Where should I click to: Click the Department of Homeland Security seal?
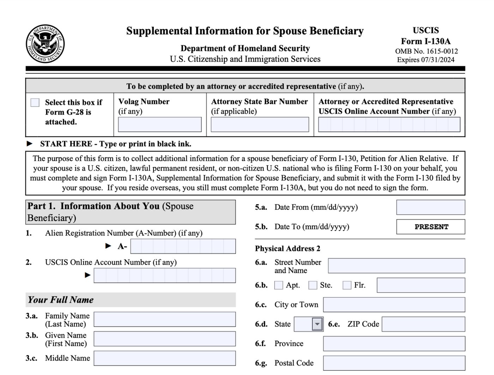[x=45, y=44]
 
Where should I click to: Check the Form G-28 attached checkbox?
[x=35, y=103]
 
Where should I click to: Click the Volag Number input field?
[x=159, y=125]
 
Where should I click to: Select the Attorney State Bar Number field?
[x=260, y=125]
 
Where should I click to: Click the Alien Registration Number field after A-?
[x=183, y=246]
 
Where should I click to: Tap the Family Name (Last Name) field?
[x=164, y=319]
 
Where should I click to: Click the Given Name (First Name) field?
[x=164, y=339]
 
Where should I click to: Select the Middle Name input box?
[x=164, y=358]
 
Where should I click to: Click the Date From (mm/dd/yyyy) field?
[x=430, y=207]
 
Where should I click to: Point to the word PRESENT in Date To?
[x=431, y=227]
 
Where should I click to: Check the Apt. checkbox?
[x=279, y=285]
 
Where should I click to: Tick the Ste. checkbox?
[x=313, y=285]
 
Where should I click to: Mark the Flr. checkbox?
[x=347, y=285]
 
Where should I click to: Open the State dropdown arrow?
[x=317, y=324]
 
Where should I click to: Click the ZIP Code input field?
[x=423, y=324]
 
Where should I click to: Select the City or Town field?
[x=394, y=305]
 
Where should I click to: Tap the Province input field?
[x=394, y=344]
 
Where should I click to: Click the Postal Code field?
[x=394, y=363]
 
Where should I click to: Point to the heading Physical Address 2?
[x=288, y=248]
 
